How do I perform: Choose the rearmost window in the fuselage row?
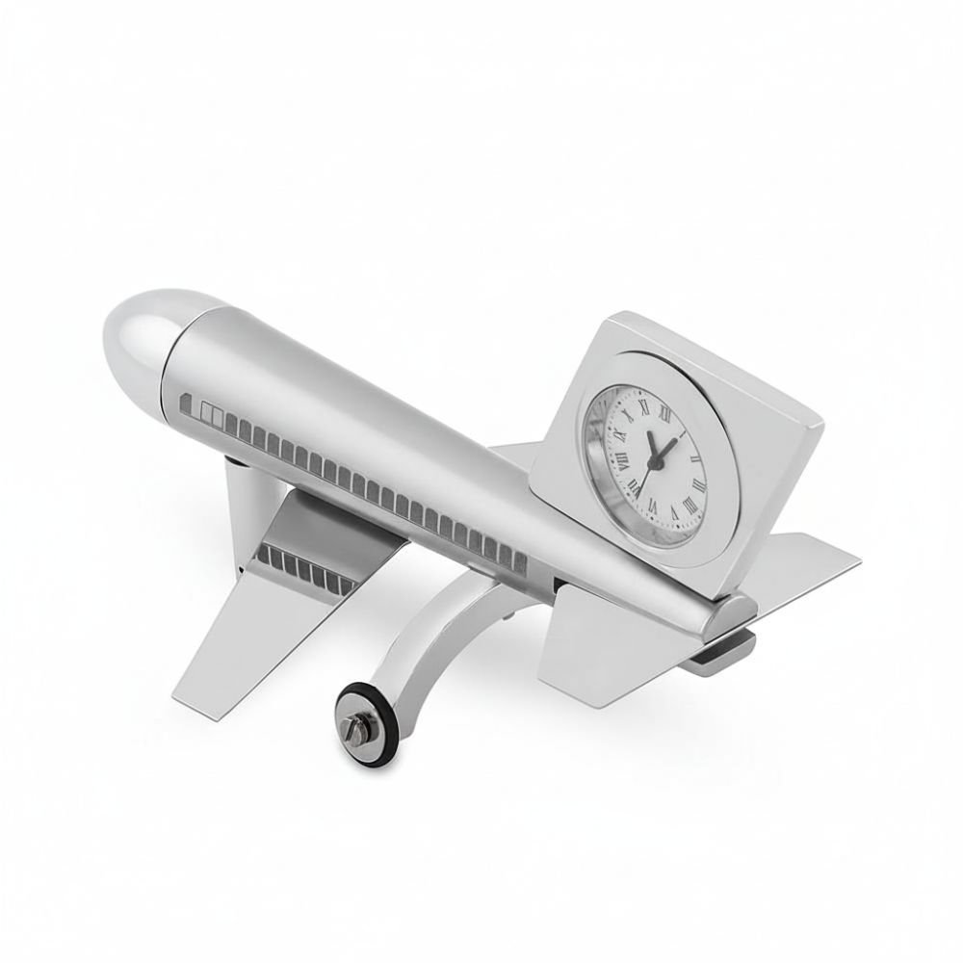(521, 557)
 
